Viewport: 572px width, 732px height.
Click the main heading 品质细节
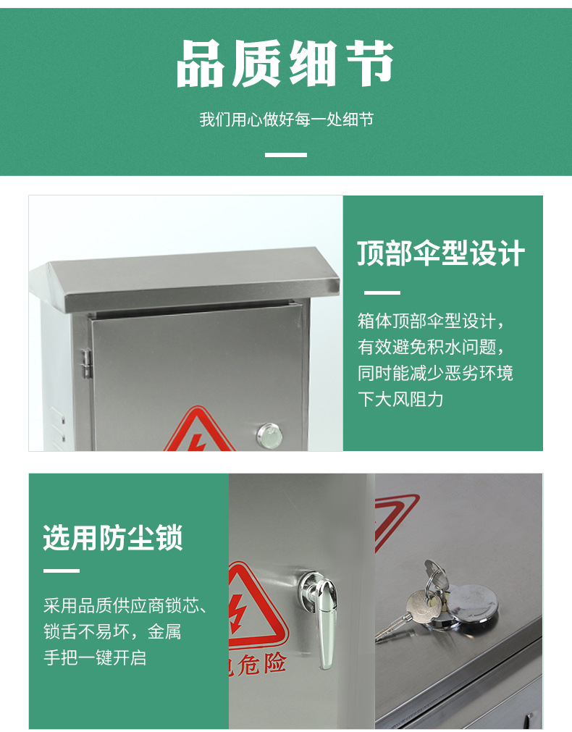click(x=285, y=64)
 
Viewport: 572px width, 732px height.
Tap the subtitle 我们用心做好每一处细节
click(x=286, y=119)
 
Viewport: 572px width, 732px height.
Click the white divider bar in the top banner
click(x=286, y=154)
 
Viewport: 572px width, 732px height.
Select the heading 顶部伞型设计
click(x=441, y=253)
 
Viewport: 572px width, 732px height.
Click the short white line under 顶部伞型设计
click(x=382, y=293)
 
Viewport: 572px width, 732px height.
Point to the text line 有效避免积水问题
click(x=431, y=347)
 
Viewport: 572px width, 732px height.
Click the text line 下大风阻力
click(x=400, y=399)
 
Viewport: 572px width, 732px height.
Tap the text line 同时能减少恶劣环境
click(x=435, y=373)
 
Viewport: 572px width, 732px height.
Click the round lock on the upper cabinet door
click(x=269, y=436)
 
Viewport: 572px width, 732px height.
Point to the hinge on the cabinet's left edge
click(x=86, y=363)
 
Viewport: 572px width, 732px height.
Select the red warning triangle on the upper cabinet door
click(x=199, y=429)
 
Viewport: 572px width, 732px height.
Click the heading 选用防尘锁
click(x=112, y=538)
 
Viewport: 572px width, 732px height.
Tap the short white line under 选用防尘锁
click(x=62, y=571)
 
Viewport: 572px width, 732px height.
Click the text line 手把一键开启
click(x=96, y=657)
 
